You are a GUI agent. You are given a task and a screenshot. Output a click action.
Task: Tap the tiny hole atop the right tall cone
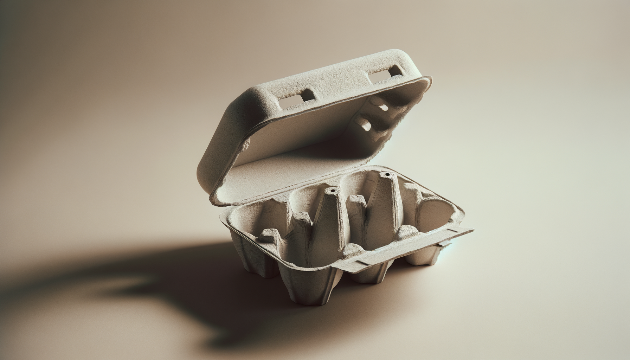387,174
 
